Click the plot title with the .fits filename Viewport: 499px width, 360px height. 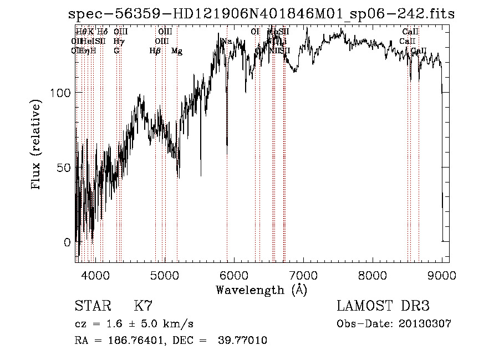click(x=257, y=15)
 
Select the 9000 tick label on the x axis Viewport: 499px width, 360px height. click(x=442, y=275)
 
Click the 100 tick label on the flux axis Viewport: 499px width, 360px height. click(x=60, y=93)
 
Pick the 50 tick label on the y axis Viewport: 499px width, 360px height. click(x=64, y=168)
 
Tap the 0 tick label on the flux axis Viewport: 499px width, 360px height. click(x=67, y=242)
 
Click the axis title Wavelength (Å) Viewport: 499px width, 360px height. click(x=261, y=289)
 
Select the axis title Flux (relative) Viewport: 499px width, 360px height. click(x=37, y=145)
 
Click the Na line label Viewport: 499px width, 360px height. click(x=227, y=42)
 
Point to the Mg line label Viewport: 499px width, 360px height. click(x=177, y=51)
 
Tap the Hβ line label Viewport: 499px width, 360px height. click(x=155, y=51)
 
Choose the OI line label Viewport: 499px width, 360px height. click(x=255, y=32)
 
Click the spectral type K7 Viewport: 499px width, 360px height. click(x=143, y=306)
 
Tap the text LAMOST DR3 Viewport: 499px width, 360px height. click(x=383, y=306)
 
